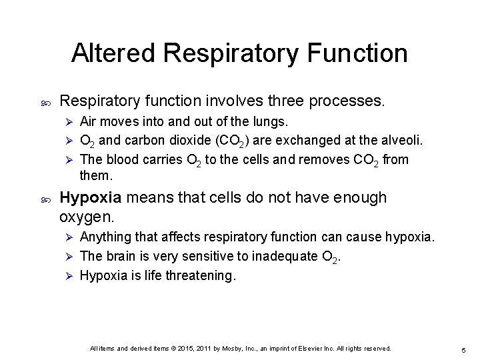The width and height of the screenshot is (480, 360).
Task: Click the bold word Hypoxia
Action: [90, 198]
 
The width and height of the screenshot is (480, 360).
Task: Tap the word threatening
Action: [200, 275]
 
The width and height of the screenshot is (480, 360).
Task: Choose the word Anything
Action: [105, 238]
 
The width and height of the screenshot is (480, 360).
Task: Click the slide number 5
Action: [463, 351]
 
